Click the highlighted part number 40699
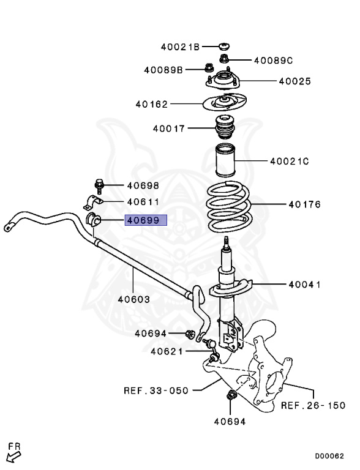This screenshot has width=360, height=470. (146, 220)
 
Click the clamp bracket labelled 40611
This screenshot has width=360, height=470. (92, 203)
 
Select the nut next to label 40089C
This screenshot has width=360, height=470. (224, 59)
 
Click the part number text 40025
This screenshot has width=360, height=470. (295, 81)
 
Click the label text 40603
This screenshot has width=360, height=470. (133, 299)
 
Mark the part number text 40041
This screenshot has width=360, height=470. (305, 285)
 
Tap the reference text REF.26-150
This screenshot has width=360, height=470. (313, 405)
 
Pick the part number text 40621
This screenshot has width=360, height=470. (167, 351)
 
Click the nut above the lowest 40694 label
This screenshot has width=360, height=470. (231, 395)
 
